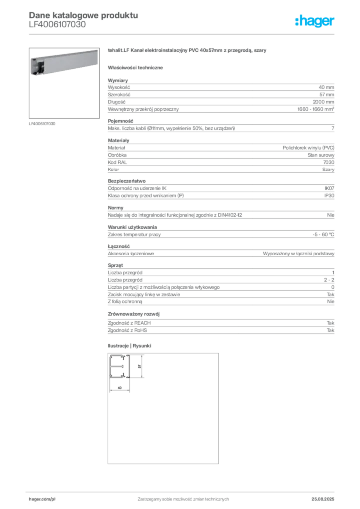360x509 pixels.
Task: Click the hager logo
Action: pos(315,21)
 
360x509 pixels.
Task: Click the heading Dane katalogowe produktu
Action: pos(84,15)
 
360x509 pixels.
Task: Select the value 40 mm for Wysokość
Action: pos(326,87)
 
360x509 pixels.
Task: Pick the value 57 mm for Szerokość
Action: pos(327,95)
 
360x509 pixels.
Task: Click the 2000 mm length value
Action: pos(323,102)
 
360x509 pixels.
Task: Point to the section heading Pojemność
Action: pos(120,121)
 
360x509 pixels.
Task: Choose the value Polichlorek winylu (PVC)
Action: pos(308,148)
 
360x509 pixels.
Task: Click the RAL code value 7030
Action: pos(329,162)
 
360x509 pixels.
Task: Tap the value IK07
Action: pos(329,188)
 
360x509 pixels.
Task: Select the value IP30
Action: pos(329,196)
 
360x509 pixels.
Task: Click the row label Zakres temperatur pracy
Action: pos(134,235)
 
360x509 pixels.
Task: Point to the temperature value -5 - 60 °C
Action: pos(323,235)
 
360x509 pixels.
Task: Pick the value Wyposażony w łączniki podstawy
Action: pos(298,254)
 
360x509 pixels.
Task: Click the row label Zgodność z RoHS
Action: pos(127,330)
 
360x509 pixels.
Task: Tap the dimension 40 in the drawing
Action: pos(120,388)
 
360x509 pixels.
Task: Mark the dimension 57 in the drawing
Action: pos(140,366)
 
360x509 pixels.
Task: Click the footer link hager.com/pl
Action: pos(42,499)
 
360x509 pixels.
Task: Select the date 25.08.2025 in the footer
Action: pos(323,499)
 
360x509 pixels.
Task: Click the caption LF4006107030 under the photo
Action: pos(42,124)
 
